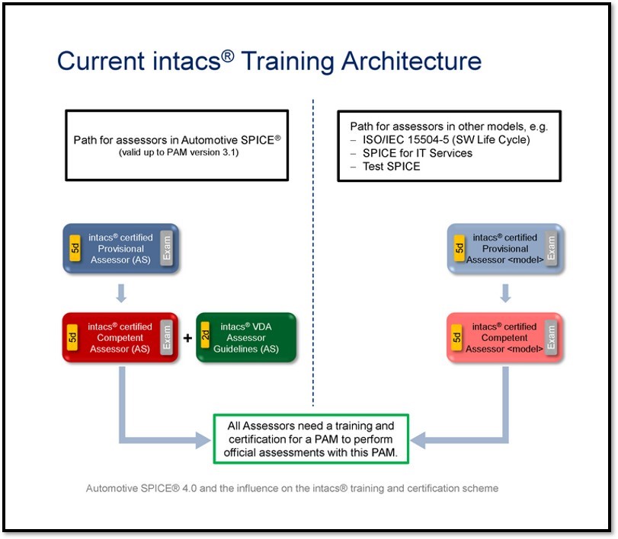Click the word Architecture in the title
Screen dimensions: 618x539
[x=411, y=62]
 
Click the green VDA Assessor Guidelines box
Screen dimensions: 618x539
[x=246, y=337]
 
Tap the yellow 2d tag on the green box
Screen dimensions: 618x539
[x=205, y=335]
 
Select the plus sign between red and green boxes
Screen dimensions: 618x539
[x=187, y=338]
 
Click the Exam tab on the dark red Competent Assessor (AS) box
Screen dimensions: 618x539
[x=167, y=337]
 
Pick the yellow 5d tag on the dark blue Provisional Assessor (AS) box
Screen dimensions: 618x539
[x=75, y=248]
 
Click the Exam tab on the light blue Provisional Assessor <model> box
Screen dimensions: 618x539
[x=551, y=248]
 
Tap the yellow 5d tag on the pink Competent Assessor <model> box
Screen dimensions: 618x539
[x=456, y=337]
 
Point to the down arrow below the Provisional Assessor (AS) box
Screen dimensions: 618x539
[x=121, y=293]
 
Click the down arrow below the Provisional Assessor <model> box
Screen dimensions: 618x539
[x=505, y=293]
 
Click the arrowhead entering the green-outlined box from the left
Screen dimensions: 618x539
[x=203, y=440]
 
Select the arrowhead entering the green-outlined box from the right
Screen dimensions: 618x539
[x=418, y=440]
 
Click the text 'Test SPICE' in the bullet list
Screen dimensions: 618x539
[x=392, y=167]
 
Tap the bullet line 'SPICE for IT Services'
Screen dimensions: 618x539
[x=418, y=153]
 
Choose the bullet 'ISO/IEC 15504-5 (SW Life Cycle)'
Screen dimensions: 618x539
[x=446, y=140]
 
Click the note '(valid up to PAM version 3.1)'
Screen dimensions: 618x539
[x=178, y=152]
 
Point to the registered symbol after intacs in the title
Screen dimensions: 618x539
[x=227, y=56]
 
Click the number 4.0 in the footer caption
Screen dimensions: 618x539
[x=189, y=489]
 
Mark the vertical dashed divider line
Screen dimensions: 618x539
[x=313, y=253]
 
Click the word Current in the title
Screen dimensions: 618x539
[x=101, y=62]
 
